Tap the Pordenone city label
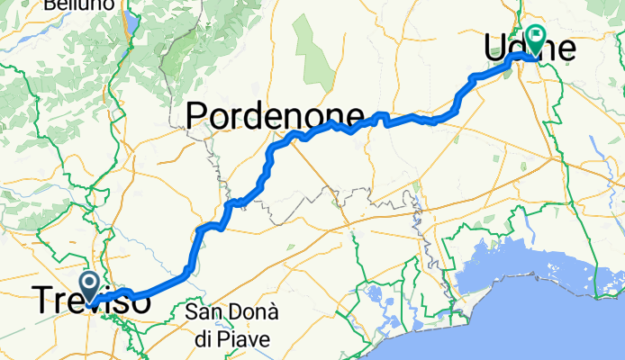(275, 115)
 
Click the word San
(202, 313)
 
